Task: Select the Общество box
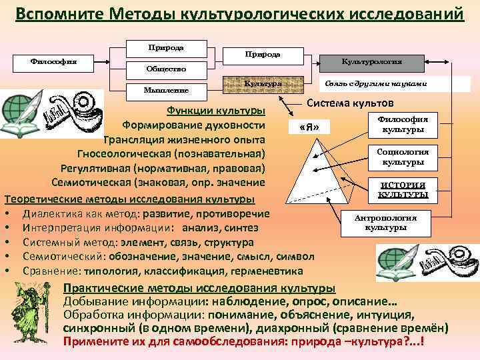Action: pos(166,69)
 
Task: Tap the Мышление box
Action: pos(166,89)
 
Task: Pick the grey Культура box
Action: pos(263,85)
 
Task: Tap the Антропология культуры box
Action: pos(385,223)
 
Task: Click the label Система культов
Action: pos(350,103)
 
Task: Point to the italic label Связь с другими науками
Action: pos(375,85)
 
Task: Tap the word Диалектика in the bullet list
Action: pos(53,213)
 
